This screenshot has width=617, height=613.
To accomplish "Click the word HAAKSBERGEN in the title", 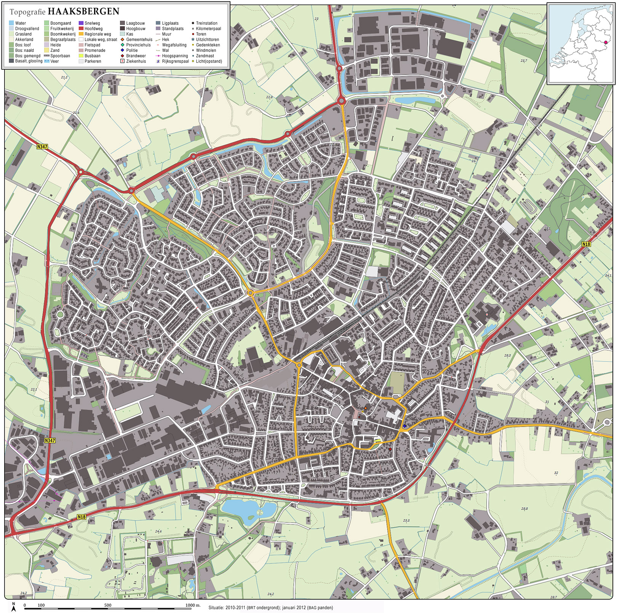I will pyautogui.click(x=83, y=11).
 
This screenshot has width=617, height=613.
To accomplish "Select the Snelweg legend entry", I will pyautogui.click(x=92, y=23).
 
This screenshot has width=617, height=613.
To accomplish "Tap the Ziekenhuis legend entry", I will pyautogui.click(x=136, y=61).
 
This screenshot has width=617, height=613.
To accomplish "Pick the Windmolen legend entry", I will pyautogui.click(x=206, y=50).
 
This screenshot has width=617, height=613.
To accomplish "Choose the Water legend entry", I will pyautogui.click(x=20, y=23).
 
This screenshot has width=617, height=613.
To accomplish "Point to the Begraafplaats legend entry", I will pyautogui.click(x=62, y=40).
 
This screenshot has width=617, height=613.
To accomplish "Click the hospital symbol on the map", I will pyautogui.click(x=487, y=314).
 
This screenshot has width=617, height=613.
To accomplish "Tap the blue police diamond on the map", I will pyautogui.click(x=405, y=426).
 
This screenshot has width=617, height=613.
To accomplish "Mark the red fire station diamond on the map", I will pyautogui.click(x=390, y=449).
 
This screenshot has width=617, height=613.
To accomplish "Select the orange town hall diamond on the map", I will pyautogui.click(x=365, y=408).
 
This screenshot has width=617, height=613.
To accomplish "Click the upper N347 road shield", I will pyautogui.click(x=42, y=147).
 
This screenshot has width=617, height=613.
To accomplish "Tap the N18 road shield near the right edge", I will pyautogui.click(x=586, y=244).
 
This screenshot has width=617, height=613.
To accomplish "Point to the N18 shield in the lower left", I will pyautogui.click(x=82, y=517).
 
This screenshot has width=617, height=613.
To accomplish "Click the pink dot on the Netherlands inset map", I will pyautogui.click(x=606, y=43).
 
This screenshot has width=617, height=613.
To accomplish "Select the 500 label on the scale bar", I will pyautogui.click(x=108, y=605).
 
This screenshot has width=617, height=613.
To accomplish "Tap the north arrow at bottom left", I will pyautogui.click(x=14, y=607).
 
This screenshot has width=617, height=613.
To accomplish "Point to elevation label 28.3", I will pyautogui.click(x=507, y=356).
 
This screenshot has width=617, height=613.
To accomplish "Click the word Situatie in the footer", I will pyautogui.click(x=216, y=608).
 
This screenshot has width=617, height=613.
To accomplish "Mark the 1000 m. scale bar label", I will pyautogui.click(x=193, y=605).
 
